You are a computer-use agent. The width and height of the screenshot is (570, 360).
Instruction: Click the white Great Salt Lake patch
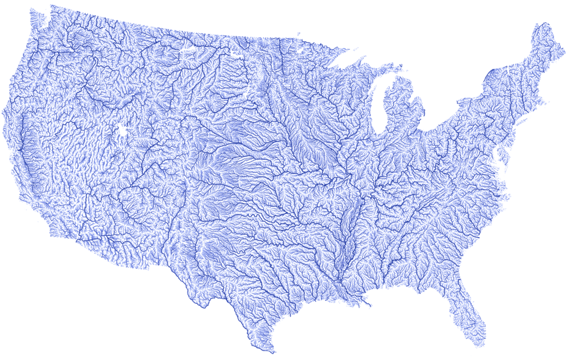point(121,132)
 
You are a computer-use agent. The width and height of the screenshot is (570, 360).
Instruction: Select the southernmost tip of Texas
point(272,352)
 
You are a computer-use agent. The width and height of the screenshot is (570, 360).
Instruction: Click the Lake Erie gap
point(440,126)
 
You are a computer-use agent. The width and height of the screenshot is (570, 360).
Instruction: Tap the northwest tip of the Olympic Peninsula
point(31,11)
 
